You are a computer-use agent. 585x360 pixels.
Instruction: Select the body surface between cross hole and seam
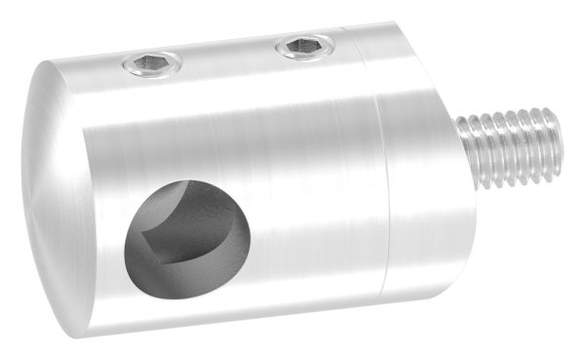(312, 215)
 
